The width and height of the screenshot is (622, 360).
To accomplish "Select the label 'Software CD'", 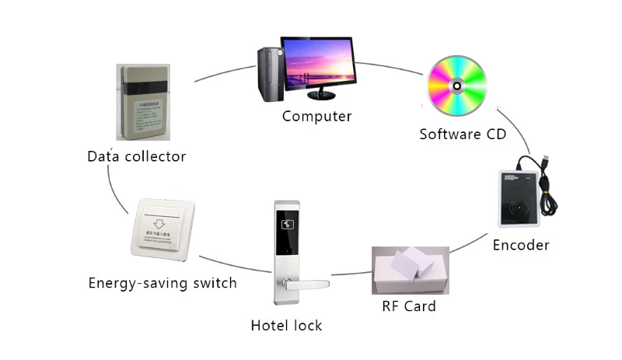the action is coord(463,134).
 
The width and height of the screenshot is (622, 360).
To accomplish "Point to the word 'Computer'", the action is coord(316,117).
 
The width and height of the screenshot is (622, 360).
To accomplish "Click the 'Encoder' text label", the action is coord(521,245).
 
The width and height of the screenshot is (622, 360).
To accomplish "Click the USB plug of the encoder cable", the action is coord(547,163).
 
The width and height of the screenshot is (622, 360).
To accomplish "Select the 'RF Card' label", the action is coord(409,306).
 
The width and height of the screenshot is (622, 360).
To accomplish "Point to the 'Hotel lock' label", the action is coord(286,325).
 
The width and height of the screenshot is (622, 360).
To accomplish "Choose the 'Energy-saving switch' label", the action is coord(162,282).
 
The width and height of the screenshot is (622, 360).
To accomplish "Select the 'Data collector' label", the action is coord(136,156).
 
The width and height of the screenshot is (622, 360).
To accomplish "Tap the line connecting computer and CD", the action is coord(389,68).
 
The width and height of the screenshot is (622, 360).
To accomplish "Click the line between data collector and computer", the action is coord(225,72).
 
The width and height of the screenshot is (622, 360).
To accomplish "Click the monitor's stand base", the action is coord(321,96).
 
